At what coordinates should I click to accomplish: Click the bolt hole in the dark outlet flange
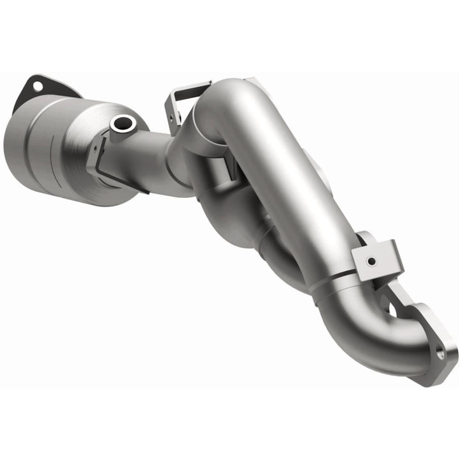click(x=38, y=86)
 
